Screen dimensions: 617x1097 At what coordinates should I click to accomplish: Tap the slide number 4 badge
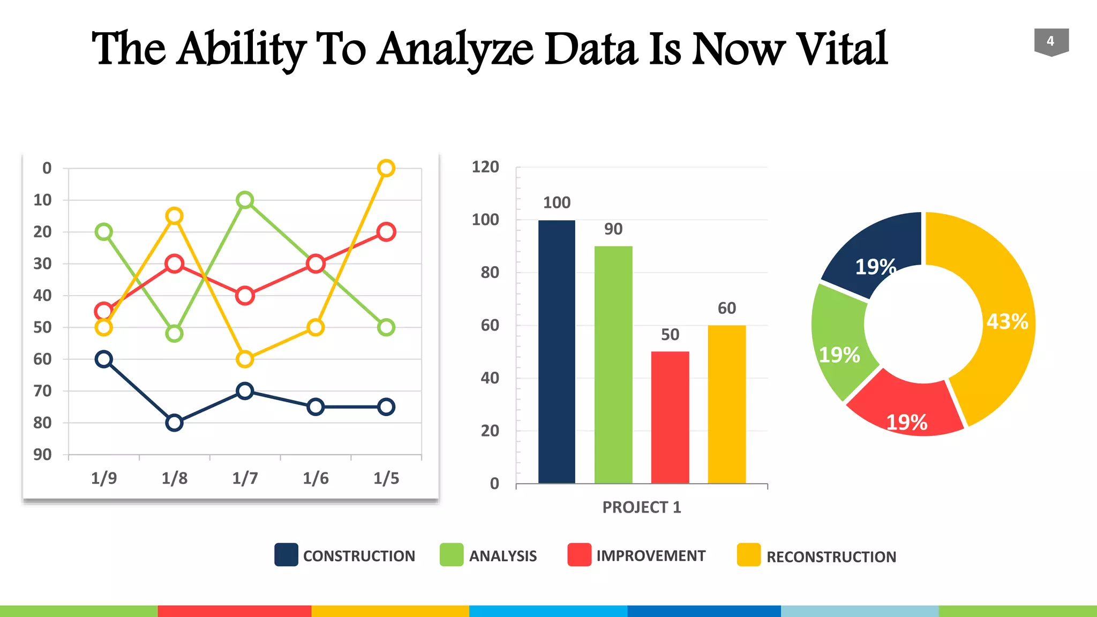click(x=1051, y=41)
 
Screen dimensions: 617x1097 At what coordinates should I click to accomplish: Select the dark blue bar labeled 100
click(x=557, y=351)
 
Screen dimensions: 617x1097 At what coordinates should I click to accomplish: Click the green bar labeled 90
click(x=613, y=364)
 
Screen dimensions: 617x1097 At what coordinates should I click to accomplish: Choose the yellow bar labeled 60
click(x=727, y=404)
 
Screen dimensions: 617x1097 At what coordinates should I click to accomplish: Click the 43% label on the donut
click(x=1007, y=321)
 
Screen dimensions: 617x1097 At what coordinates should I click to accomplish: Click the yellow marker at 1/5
click(x=386, y=168)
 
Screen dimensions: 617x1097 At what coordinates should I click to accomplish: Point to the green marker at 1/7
click(x=245, y=200)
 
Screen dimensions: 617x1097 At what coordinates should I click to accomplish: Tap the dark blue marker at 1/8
click(x=175, y=423)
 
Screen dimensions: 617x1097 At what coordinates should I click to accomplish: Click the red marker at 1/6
click(x=315, y=264)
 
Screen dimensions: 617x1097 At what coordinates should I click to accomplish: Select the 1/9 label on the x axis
click(x=104, y=478)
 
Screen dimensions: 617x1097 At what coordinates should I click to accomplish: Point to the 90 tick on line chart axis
click(x=43, y=455)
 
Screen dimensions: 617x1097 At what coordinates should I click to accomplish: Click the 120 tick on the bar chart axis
click(x=485, y=167)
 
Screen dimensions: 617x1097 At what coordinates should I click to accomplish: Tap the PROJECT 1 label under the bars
click(x=642, y=507)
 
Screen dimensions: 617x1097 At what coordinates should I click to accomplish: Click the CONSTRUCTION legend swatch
click(x=286, y=555)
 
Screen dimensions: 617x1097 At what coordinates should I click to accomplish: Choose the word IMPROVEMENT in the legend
click(x=651, y=556)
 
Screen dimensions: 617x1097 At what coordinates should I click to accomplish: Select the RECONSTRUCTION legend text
click(x=831, y=557)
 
